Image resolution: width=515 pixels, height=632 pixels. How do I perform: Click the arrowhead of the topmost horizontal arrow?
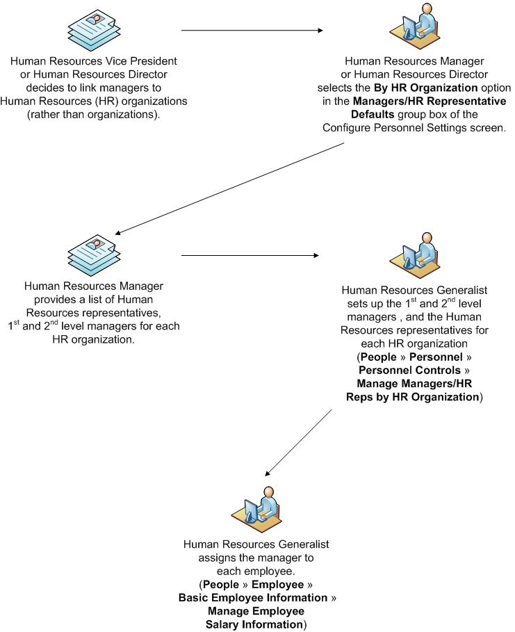320,31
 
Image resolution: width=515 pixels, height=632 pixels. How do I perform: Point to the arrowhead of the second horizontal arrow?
320,256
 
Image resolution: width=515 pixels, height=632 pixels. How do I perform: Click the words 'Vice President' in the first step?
142,61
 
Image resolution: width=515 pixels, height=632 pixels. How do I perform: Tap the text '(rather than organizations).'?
94,114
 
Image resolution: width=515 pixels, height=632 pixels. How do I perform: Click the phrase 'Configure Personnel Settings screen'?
414,127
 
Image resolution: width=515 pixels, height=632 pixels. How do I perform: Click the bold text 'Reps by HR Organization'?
411,397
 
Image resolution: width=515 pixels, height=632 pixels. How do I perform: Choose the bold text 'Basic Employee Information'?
253,598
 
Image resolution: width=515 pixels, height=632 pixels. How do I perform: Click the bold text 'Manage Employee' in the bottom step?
256,611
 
